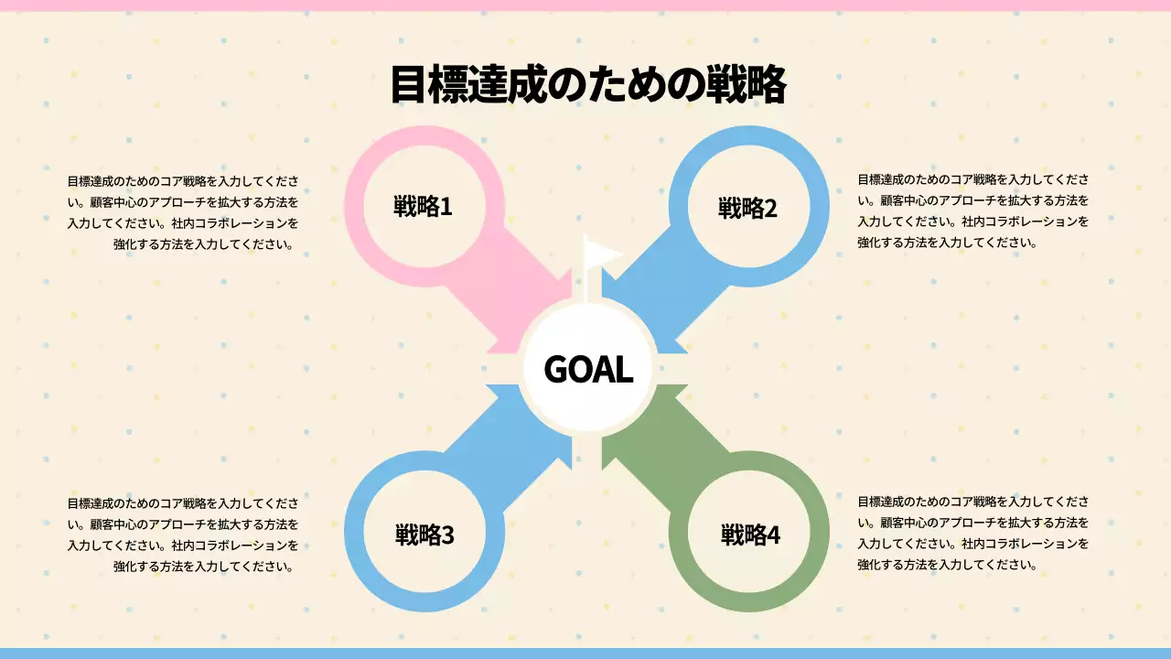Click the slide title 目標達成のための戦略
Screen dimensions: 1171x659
(x=588, y=85)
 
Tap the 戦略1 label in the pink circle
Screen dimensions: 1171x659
(x=423, y=206)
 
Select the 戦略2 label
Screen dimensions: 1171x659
(x=747, y=208)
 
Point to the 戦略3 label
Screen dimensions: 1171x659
(x=424, y=535)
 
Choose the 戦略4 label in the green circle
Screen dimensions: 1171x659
(x=750, y=535)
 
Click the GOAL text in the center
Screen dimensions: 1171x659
(x=588, y=369)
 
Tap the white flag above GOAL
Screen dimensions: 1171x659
(x=601, y=254)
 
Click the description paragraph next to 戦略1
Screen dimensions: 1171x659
(x=183, y=213)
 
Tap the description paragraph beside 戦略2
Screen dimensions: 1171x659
(x=972, y=211)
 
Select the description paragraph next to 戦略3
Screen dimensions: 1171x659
(x=183, y=535)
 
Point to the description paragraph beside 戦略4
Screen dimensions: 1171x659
(x=972, y=534)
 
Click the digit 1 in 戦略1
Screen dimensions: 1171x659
(x=446, y=207)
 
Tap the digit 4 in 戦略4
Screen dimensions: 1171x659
(x=773, y=535)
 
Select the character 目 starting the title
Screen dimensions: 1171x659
(x=409, y=85)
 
